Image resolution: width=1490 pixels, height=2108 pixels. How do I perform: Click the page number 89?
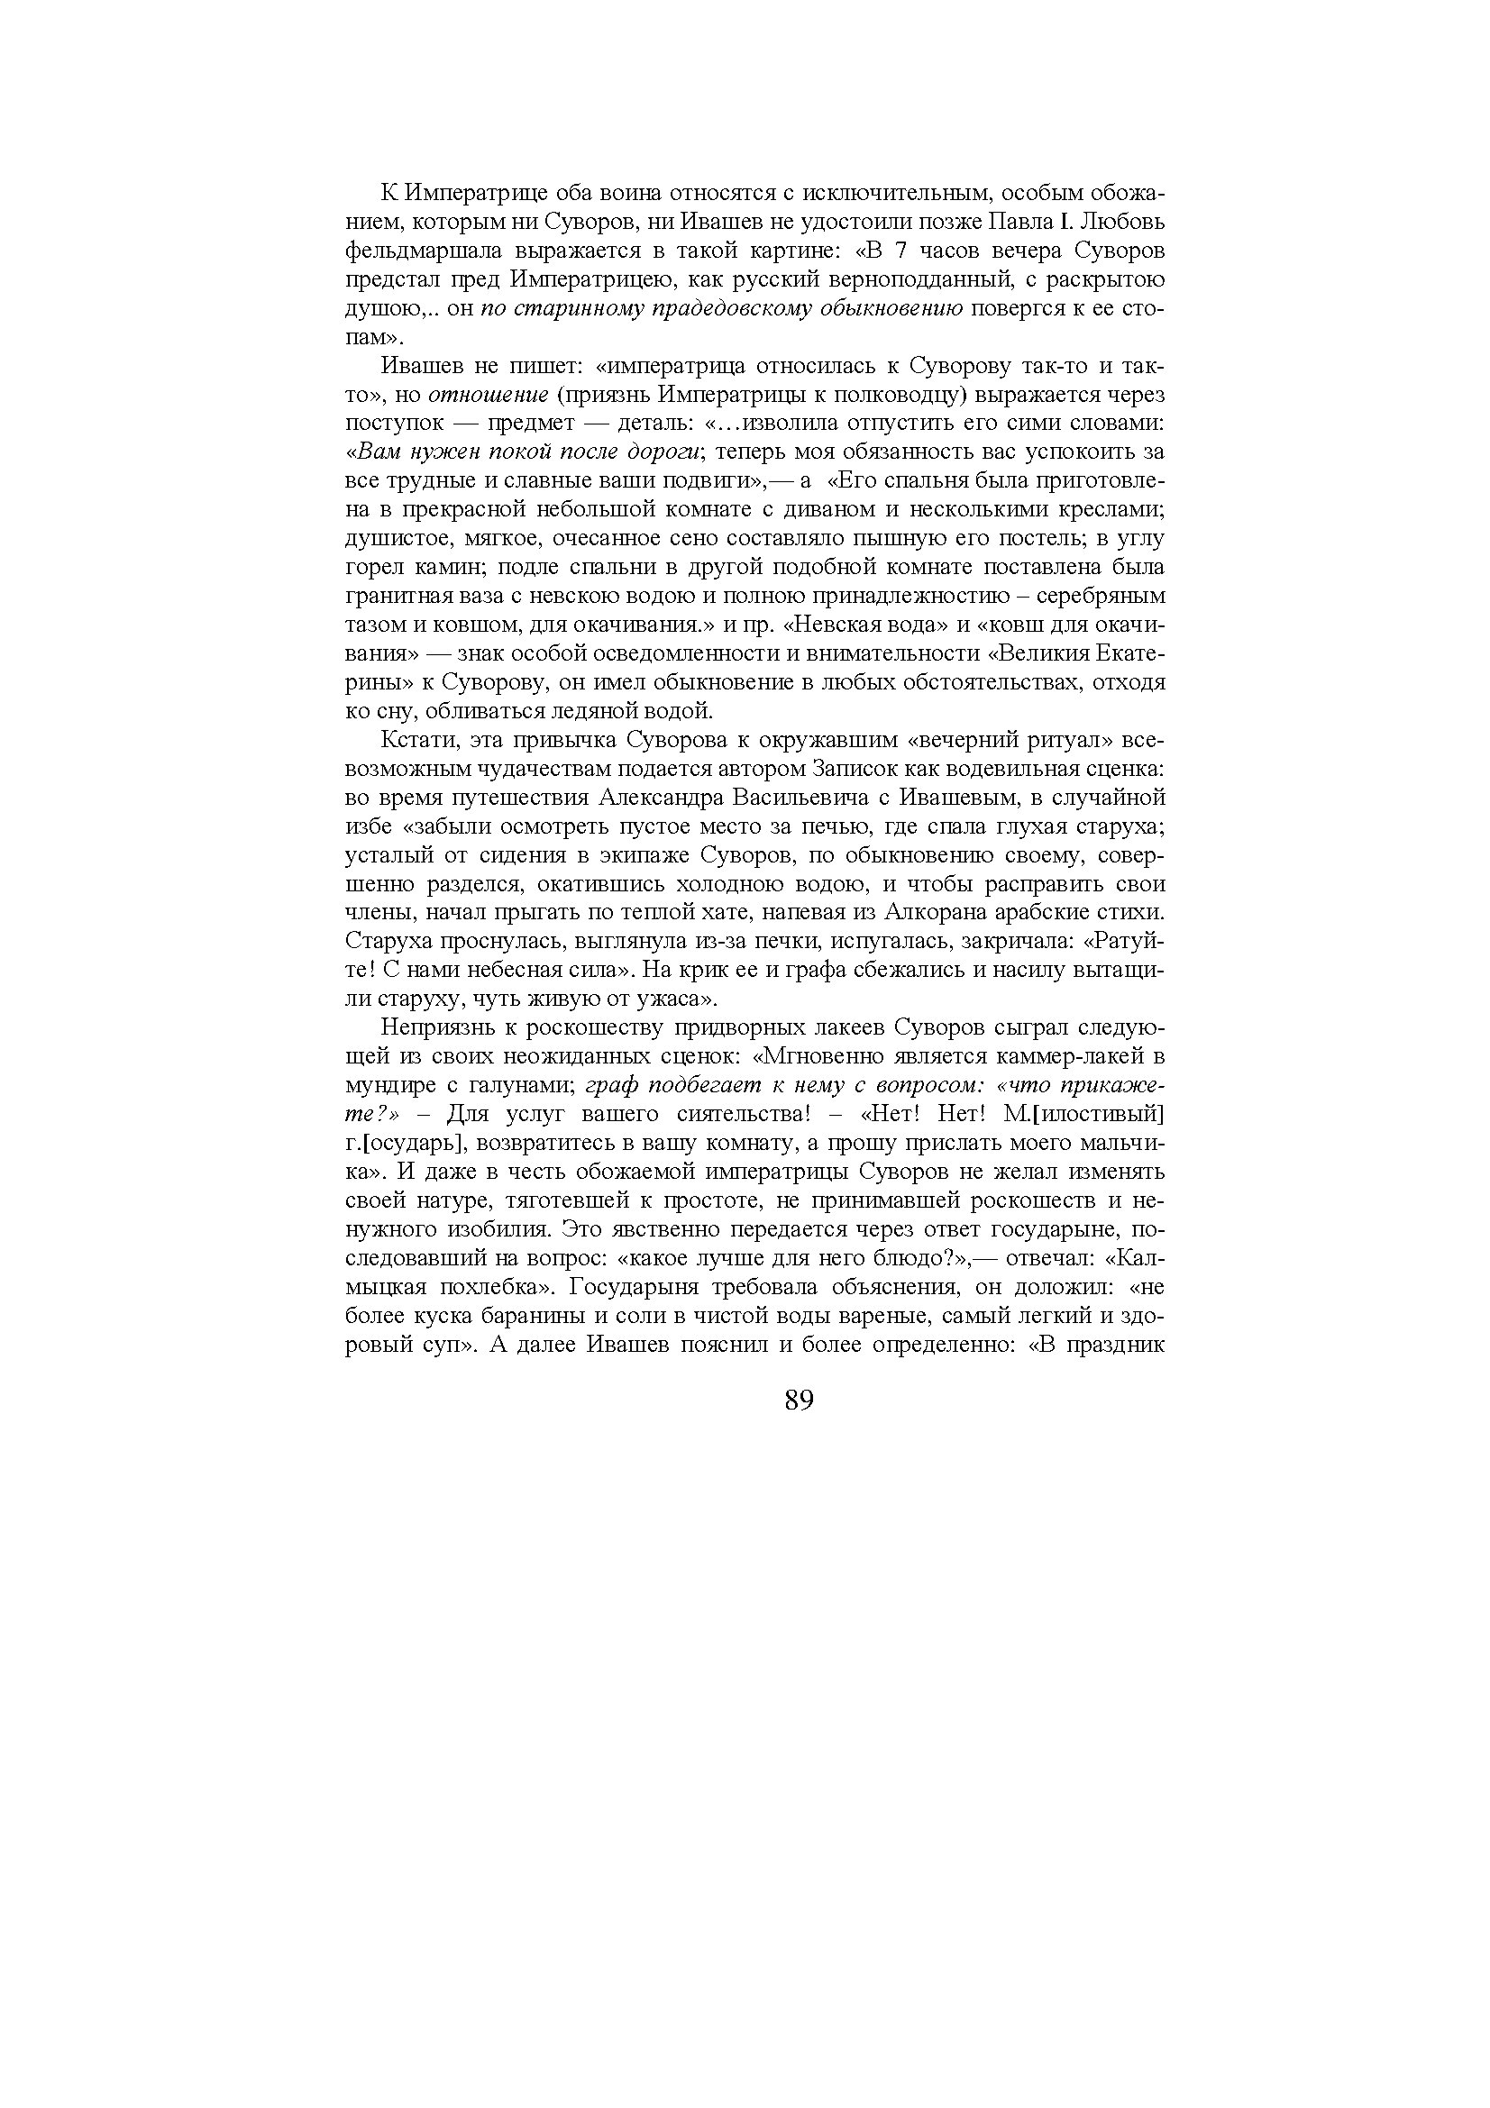point(800,1401)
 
